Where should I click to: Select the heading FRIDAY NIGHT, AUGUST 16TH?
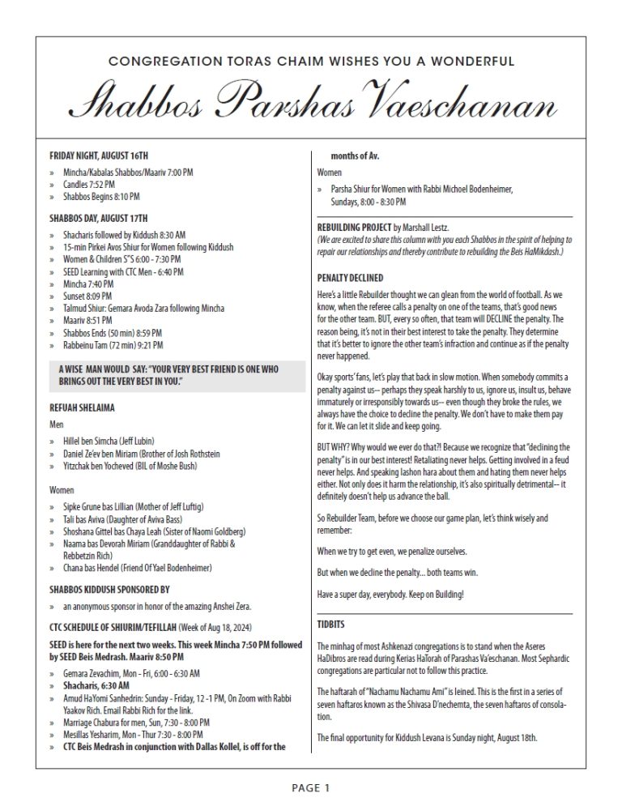click(x=99, y=155)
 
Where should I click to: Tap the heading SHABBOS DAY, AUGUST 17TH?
click(x=99, y=216)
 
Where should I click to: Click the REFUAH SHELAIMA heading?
click(x=83, y=408)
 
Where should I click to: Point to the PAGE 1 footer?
click(x=311, y=787)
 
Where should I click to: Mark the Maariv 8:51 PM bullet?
click(x=91, y=321)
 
